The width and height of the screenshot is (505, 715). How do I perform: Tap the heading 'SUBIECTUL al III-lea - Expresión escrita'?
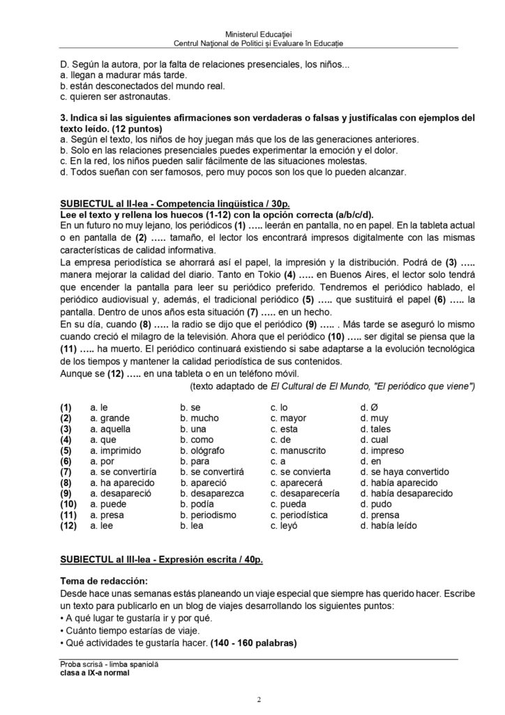tap(161, 561)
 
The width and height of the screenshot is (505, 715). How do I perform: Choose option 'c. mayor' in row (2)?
tap(290, 418)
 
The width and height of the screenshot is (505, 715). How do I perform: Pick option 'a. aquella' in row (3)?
tap(110, 429)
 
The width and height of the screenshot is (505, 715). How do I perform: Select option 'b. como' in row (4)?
tap(197, 440)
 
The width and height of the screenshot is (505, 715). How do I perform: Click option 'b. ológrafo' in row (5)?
tap(203, 451)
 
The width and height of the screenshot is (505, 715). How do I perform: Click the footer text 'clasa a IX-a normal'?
tap(95, 673)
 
